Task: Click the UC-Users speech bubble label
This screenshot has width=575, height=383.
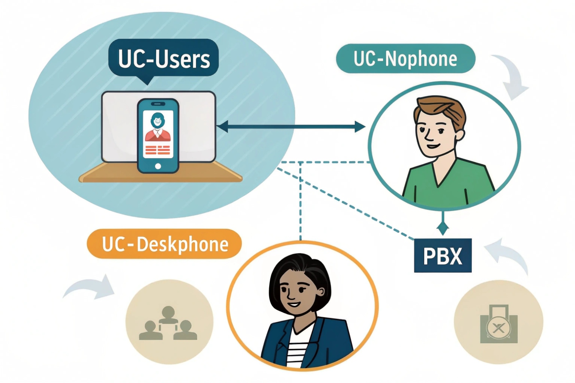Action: [x=163, y=59]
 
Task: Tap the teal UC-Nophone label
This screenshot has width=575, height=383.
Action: [x=405, y=59]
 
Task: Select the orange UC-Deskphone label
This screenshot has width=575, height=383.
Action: [x=164, y=244]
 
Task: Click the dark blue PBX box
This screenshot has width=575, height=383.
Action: [x=443, y=256]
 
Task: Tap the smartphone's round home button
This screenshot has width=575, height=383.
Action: [x=158, y=166]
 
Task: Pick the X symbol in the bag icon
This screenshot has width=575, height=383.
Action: [x=499, y=328]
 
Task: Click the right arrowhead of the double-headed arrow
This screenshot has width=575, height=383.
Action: [x=360, y=127]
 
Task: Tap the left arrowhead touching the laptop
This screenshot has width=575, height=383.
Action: [x=223, y=127]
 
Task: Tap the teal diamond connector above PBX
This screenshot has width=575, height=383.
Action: [x=443, y=228]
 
